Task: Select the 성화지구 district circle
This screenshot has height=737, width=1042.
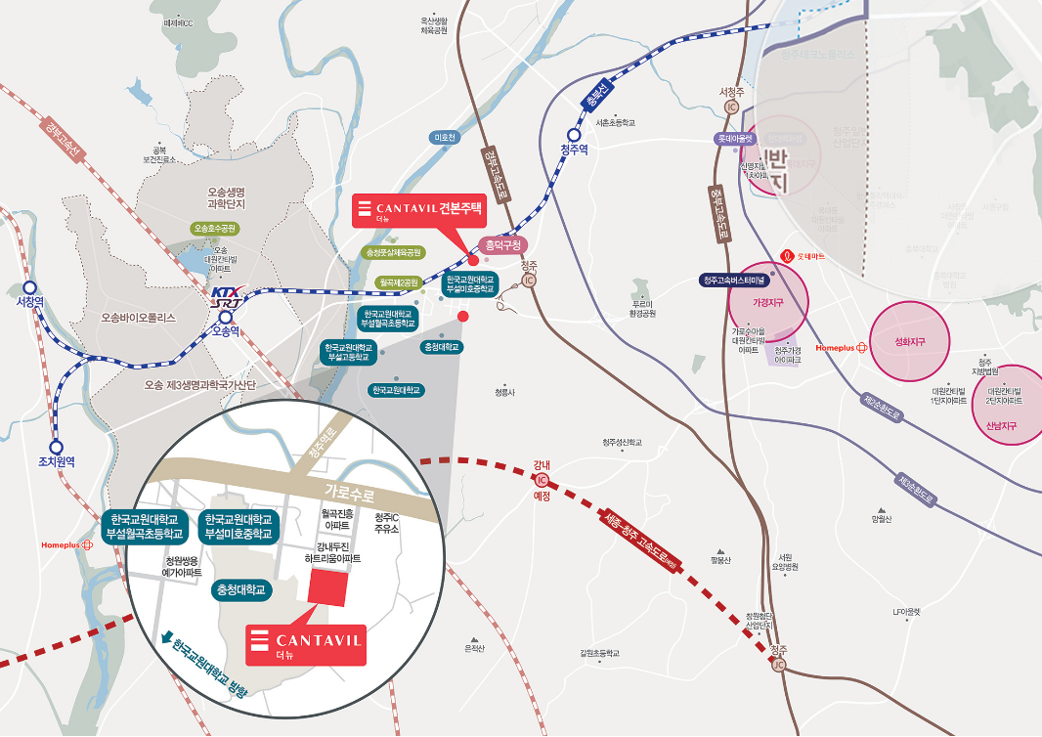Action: [x=909, y=342]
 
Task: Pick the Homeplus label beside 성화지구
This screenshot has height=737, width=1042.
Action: [x=841, y=347]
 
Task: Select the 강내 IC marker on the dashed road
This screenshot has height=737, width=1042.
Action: [x=542, y=481]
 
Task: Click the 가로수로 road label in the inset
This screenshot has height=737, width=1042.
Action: [x=348, y=493]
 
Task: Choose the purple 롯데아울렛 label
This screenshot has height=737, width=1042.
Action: [x=735, y=139]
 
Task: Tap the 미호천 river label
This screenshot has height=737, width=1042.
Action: [x=445, y=138]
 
